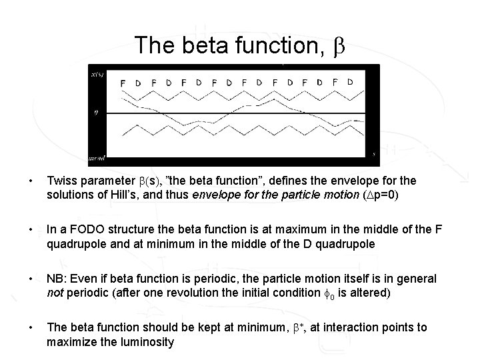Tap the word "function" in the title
pos(271,45)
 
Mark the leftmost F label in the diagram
pos(122,83)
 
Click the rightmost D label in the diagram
pos(350,82)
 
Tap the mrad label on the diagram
pos(97,159)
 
